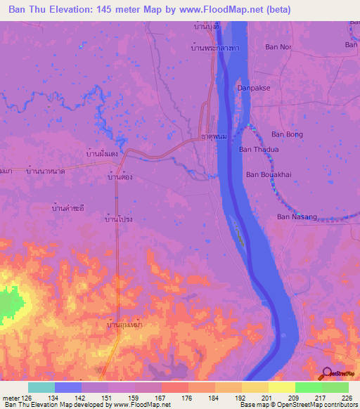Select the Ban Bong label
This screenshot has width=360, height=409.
287,134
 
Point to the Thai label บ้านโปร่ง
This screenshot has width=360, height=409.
118,220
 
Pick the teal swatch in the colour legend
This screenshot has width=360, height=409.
41,387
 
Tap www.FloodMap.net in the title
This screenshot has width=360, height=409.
220,10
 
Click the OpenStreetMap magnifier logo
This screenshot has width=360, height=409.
328,374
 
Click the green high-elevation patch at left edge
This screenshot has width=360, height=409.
8,304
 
